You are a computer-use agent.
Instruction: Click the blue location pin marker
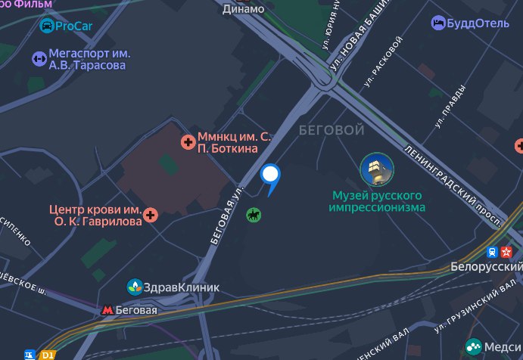click(270, 176)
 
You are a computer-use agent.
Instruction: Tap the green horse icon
click(254, 216)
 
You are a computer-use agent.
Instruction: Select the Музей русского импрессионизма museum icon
click(376, 169)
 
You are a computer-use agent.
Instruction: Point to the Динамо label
click(244, 9)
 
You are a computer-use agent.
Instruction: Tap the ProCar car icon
click(47, 26)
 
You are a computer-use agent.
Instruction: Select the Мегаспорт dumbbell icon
click(38, 58)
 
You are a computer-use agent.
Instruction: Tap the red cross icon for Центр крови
click(151, 216)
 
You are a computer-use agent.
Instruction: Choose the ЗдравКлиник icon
click(135, 287)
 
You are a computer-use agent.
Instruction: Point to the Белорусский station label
click(487, 267)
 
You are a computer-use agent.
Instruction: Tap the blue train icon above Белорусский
click(493, 253)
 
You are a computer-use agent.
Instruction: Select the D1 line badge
click(48, 354)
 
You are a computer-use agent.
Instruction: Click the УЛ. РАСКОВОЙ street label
click(381, 67)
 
